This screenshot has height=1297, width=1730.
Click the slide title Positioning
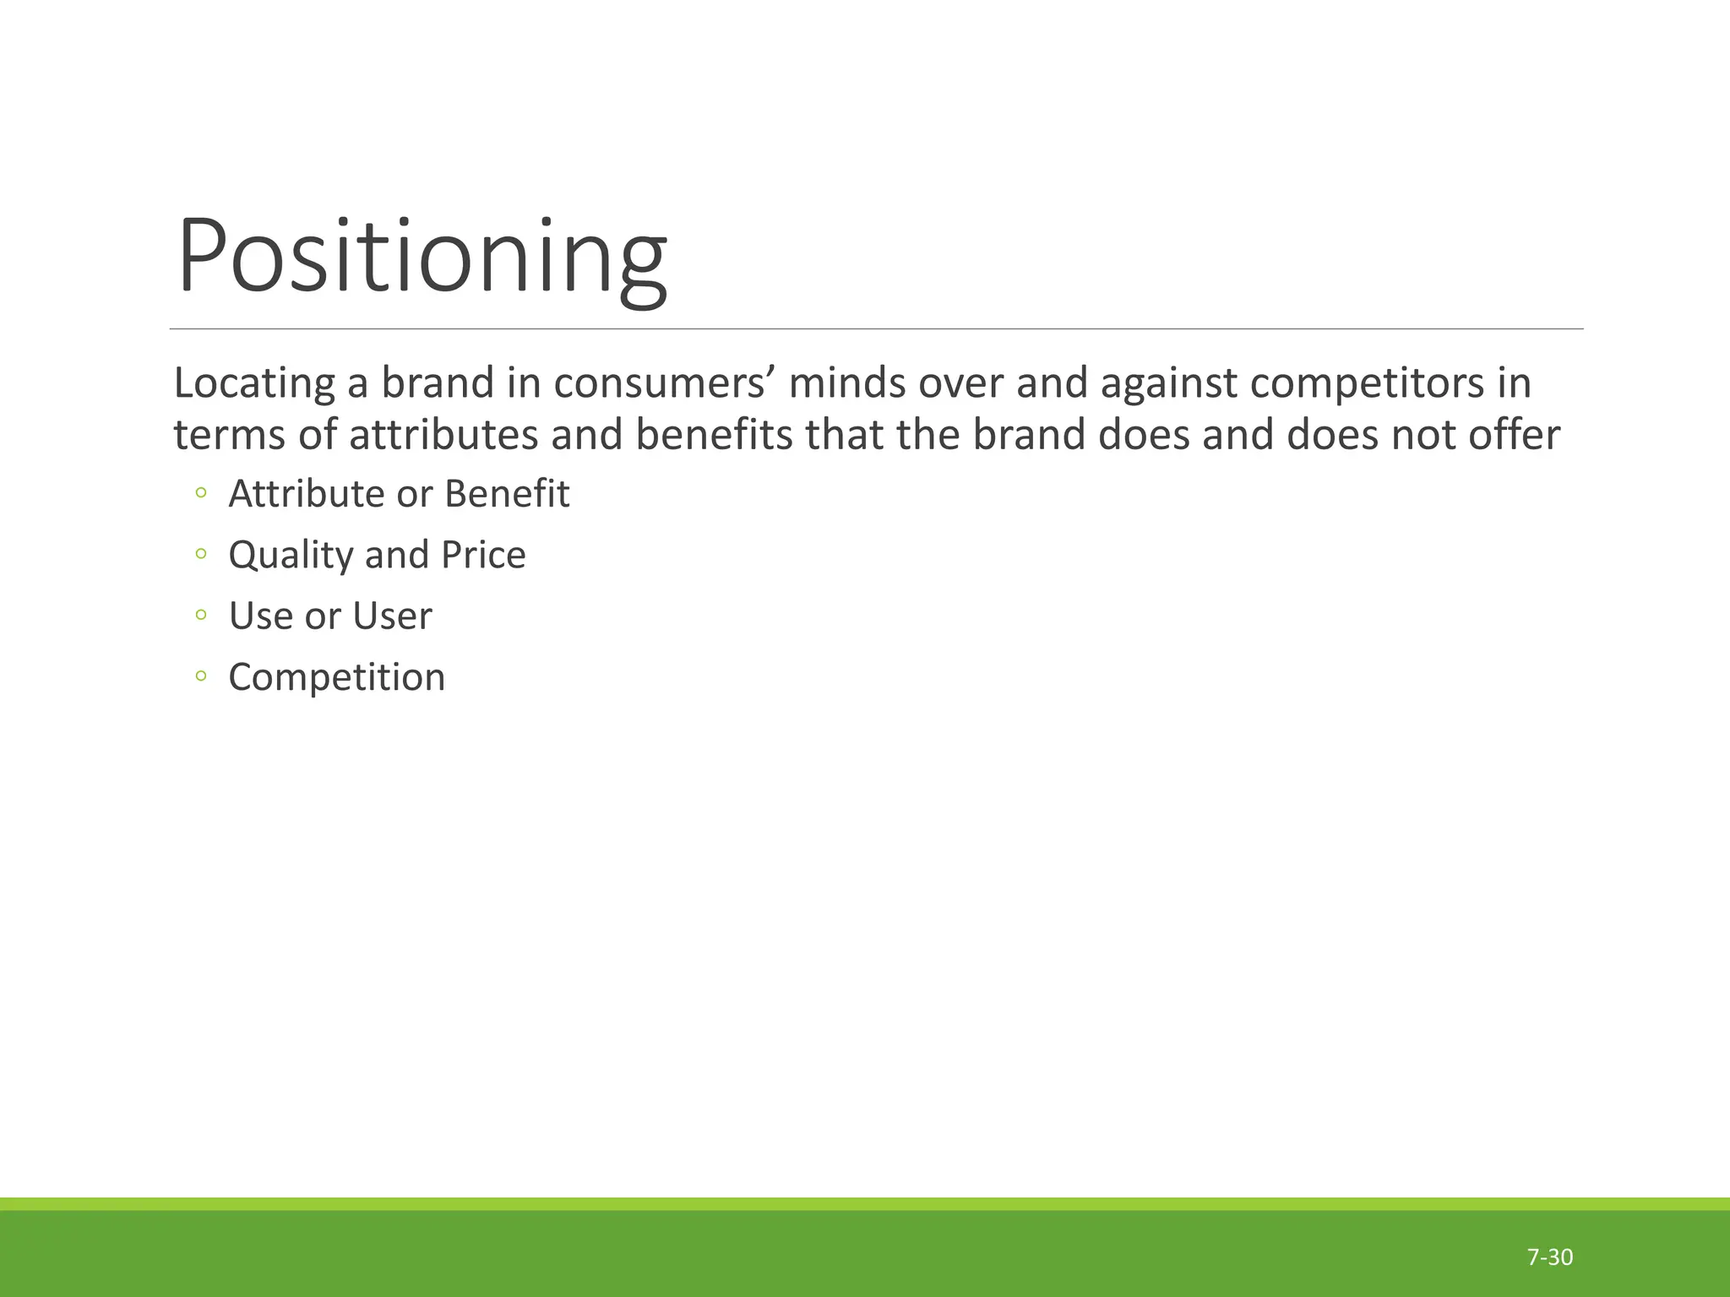coord(422,257)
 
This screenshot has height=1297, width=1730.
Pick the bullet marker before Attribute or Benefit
coord(200,494)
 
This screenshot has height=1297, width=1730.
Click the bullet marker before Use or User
coord(200,616)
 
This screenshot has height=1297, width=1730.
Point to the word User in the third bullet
coord(392,616)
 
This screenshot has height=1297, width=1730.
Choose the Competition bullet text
coord(336,677)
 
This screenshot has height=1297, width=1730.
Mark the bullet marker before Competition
coord(200,676)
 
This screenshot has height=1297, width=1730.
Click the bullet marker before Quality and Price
coord(200,555)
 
